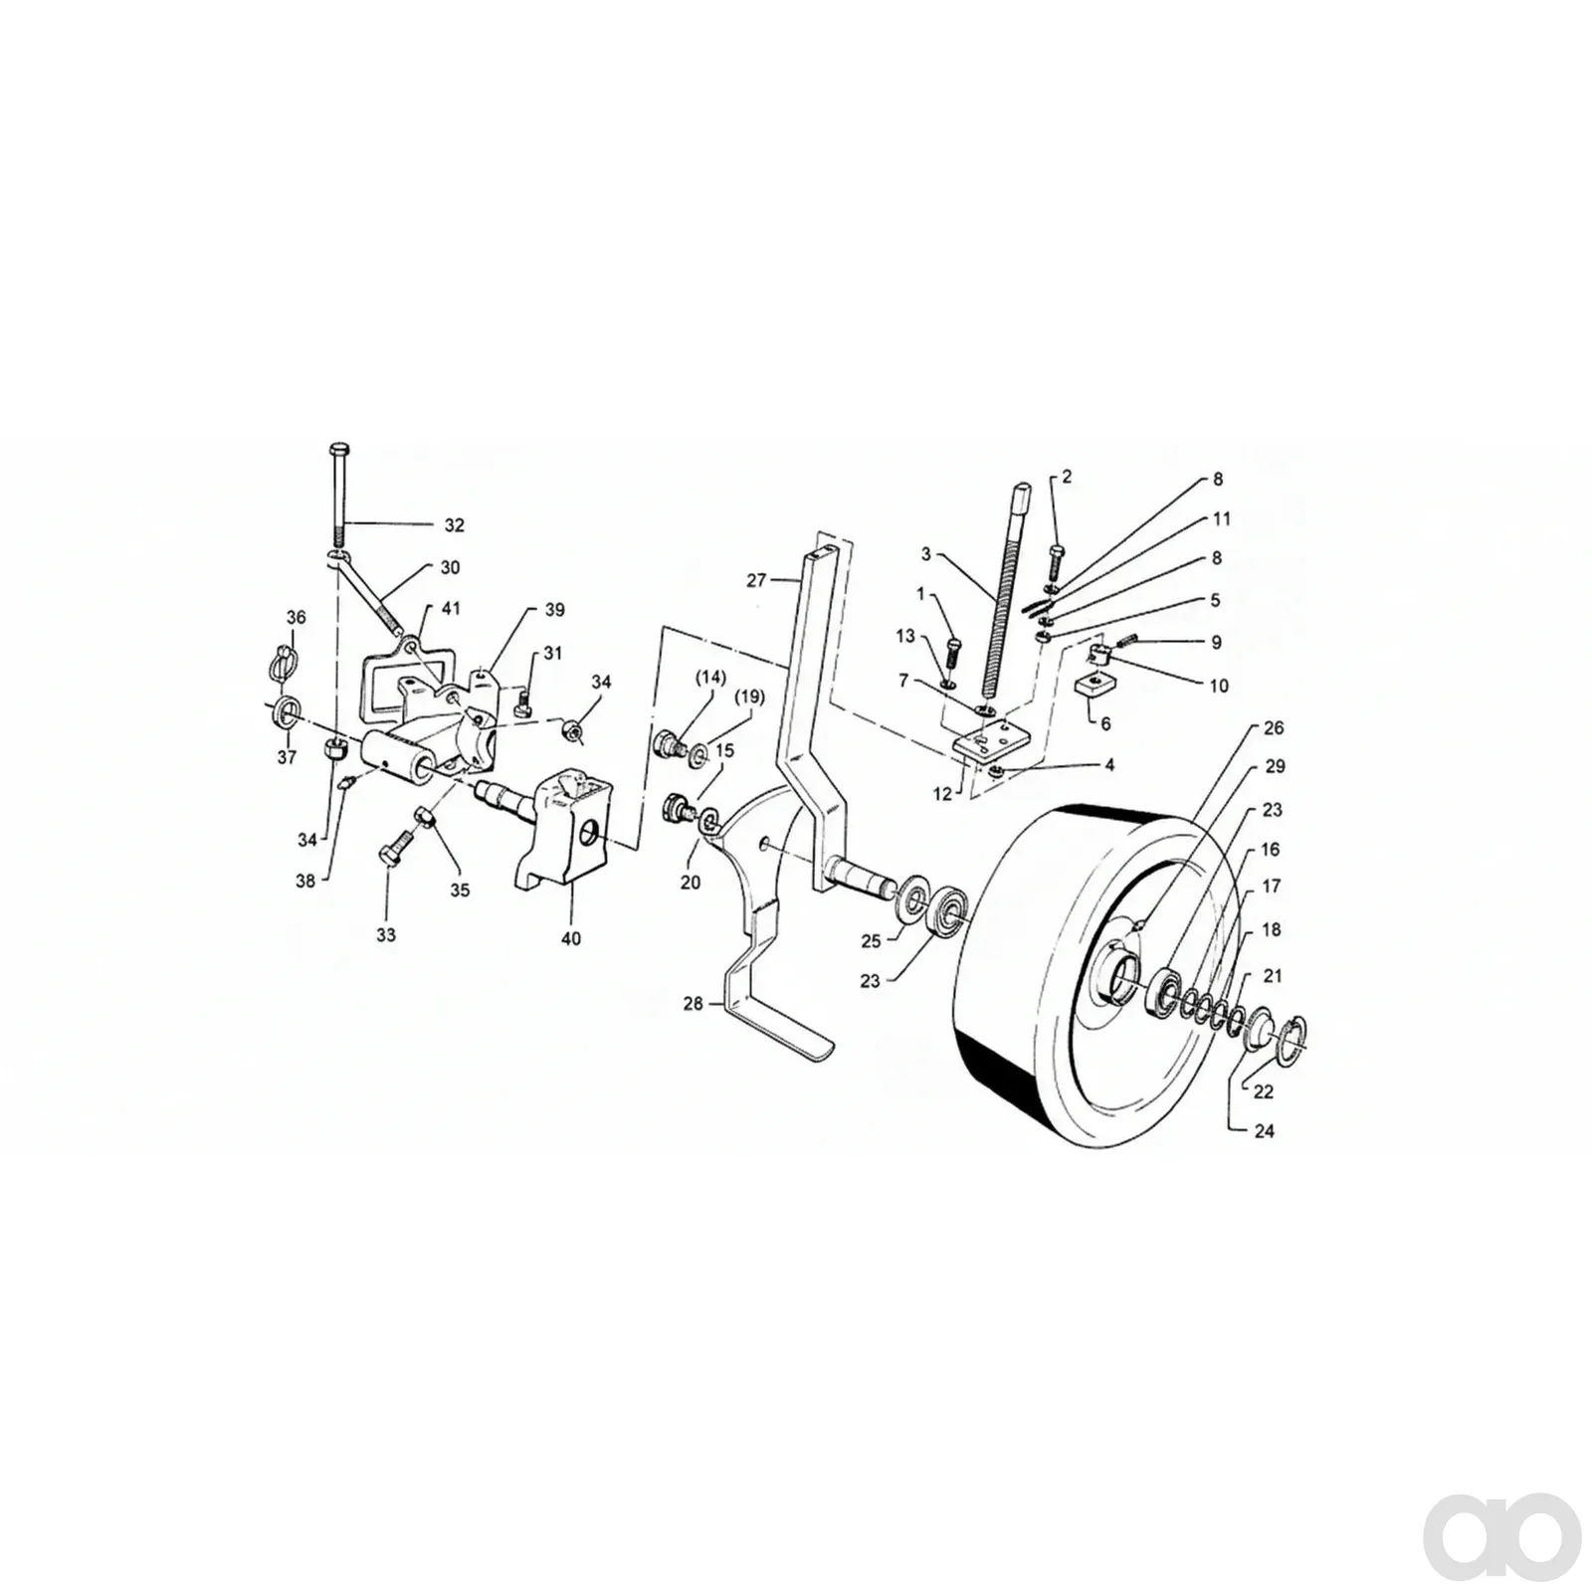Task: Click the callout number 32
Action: [x=454, y=525]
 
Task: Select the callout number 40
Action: [x=571, y=938]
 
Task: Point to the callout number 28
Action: [x=693, y=1004]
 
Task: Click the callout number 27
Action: [x=757, y=579]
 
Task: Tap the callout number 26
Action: [x=1274, y=727]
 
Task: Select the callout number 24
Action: [x=1264, y=1131]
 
